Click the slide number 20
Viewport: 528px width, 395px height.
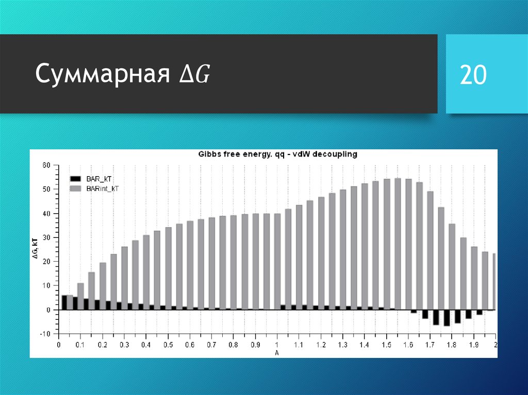point(473,75)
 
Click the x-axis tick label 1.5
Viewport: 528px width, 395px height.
point(386,345)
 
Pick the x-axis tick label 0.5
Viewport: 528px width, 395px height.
point(168,345)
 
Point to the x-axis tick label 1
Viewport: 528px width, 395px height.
point(277,345)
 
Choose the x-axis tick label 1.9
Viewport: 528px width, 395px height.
point(474,345)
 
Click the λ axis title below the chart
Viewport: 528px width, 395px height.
point(277,353)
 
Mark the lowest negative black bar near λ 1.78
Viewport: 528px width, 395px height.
point(447,318)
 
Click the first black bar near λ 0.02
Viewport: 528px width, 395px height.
point(64,302)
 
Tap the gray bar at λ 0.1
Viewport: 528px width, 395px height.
point(80,297)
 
